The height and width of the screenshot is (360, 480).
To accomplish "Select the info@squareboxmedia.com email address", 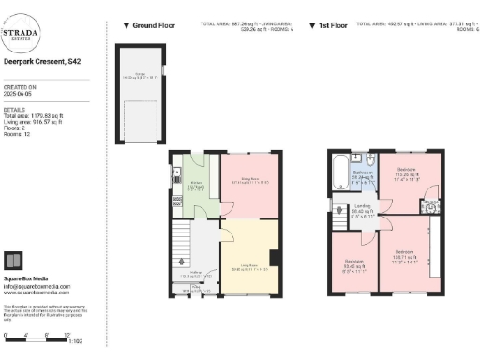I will (x=37, y=286).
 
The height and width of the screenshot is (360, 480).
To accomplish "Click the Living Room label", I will (x=248, y=269).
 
